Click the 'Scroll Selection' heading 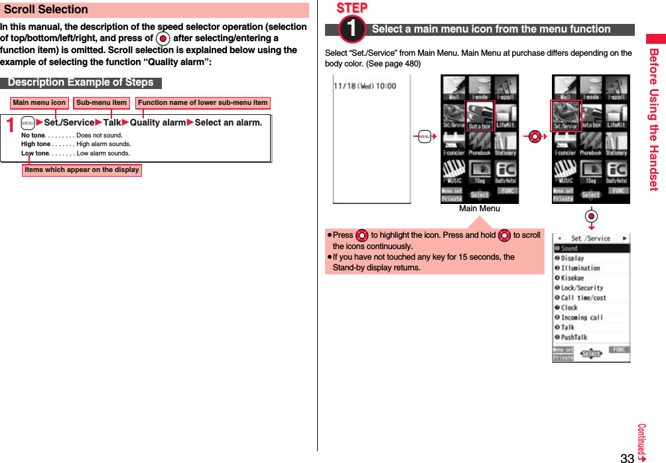point(46,10)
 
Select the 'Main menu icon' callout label point(39,103)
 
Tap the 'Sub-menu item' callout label point(101,103)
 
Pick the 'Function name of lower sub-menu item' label point(202,103)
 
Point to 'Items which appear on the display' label point(82,170)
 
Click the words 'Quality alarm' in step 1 point(158,123)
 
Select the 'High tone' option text point(36,144)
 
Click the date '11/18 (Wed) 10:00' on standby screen point(365,86)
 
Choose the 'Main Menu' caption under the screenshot point(479,209)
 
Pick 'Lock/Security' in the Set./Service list point(582,288)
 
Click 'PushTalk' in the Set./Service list point(574,337)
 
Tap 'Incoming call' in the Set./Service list point(582,318)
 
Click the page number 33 point(627,458)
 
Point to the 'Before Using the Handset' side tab point(653,120)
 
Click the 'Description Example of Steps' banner point(80,83)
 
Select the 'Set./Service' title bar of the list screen point(590,238)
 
